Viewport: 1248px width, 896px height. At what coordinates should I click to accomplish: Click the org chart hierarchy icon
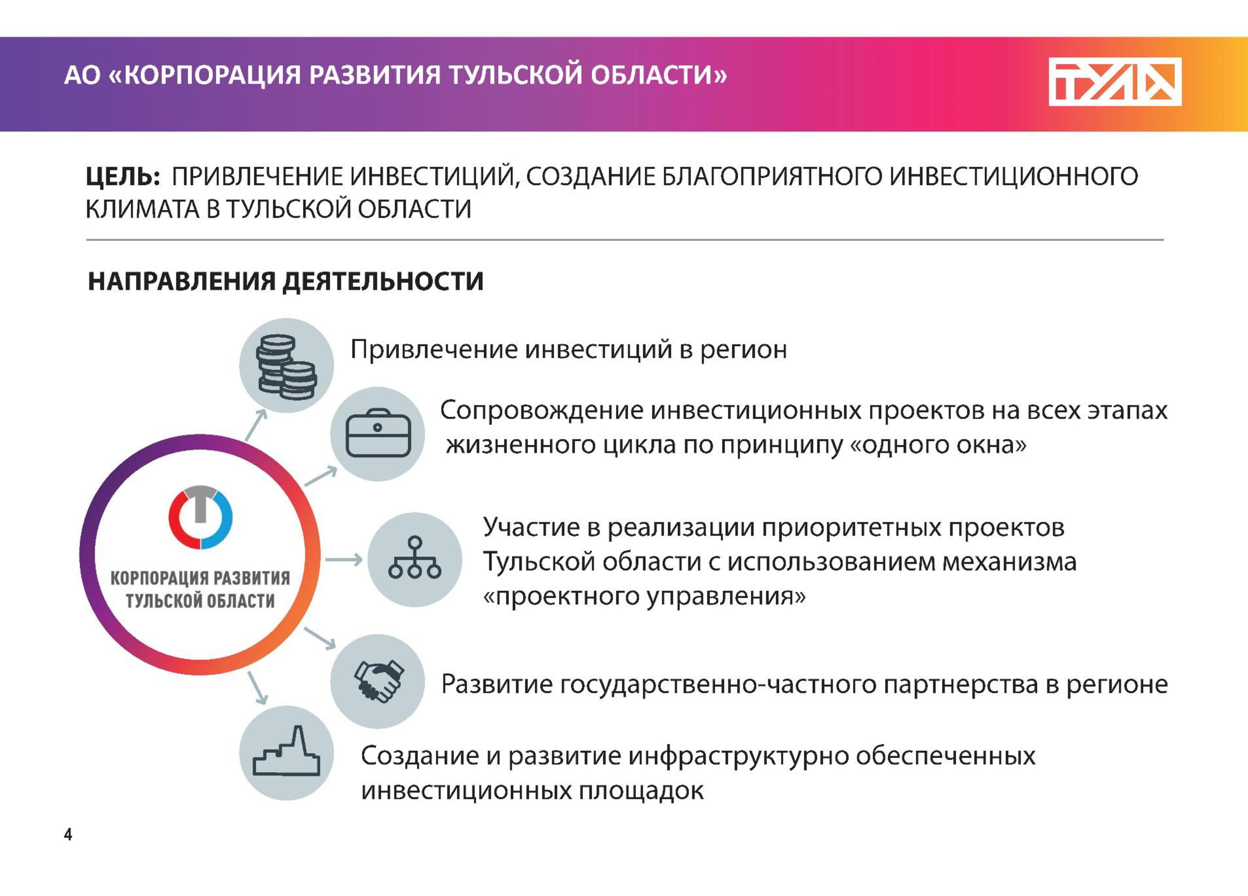(415, 558)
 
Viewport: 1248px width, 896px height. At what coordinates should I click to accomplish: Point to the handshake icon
(379, 681)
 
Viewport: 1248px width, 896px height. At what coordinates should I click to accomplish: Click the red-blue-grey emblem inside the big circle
(200, 517)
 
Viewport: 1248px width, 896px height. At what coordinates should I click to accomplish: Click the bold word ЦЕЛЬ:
(123, 176)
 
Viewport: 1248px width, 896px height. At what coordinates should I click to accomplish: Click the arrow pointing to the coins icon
(256, 425)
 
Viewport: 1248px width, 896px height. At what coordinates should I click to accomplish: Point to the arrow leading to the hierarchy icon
(344, 560)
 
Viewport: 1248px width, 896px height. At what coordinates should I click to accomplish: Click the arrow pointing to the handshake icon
(320, 638)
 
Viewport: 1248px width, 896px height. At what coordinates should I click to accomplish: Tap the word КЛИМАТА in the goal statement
(142, 209)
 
